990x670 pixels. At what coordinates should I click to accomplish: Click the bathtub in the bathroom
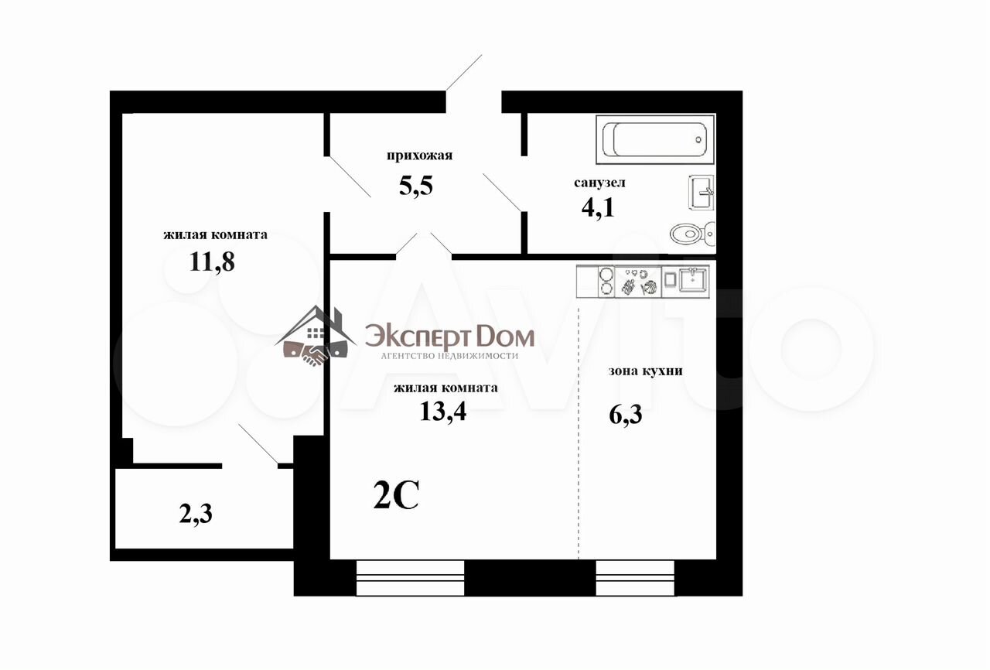[x=655, y=140]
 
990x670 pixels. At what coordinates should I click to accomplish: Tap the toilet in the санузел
[x=692, y=234]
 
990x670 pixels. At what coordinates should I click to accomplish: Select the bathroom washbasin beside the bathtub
[x=701, y=192]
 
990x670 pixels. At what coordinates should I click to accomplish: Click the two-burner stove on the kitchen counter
[x=606, y=281]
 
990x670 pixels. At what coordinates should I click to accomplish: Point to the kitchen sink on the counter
[x=693, y=279]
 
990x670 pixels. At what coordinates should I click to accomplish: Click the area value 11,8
[x=212, y=262]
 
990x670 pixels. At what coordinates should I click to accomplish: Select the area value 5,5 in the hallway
[x=415, y=185]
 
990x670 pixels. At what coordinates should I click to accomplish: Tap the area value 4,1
[x=598, y=207]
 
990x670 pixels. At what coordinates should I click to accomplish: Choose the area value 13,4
[x=443, y=412]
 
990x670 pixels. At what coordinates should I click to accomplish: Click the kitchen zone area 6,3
[x=626, y=415]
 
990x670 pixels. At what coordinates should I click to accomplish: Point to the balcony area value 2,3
[x=196, y=514]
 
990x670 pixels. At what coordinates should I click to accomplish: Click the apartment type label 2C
[x=396, y=494]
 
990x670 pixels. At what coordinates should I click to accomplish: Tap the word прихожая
[x=419, y=156]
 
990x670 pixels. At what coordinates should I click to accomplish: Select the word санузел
[x=599, y=183]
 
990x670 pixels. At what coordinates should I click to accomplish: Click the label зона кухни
[x=645, y=371]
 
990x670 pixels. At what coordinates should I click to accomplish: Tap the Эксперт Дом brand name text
[x=450, y=338]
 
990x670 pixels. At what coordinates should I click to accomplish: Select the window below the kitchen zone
[x=635, y=578]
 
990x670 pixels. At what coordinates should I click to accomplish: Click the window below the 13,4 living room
[x=410, y=578]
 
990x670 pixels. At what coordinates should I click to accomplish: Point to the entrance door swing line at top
[x=463, y=73]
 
